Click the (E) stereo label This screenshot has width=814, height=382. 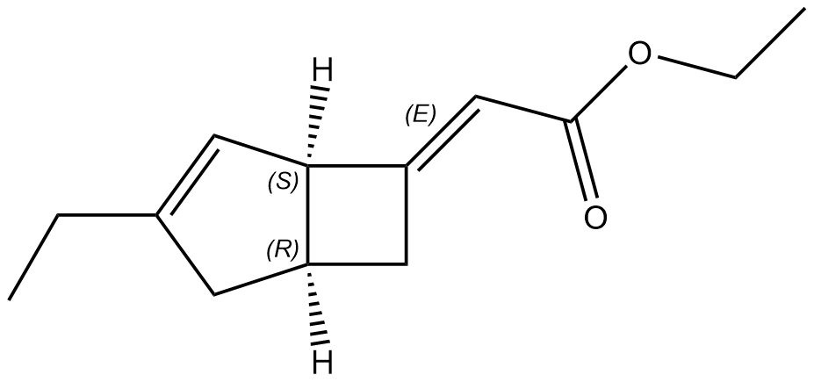[420, 114]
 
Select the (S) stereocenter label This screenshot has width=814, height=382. [283, 182]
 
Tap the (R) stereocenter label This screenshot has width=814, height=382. [283, 250]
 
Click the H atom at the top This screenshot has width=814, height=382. [322, 70]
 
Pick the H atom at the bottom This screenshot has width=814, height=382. [322, 361]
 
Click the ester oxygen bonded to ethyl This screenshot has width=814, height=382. [639, 55]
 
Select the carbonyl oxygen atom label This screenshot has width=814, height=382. [595, 216]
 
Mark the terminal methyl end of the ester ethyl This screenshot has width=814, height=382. [803, 10]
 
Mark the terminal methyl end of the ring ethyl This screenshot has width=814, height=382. [10, 299]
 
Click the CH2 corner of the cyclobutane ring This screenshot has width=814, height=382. [406, 263]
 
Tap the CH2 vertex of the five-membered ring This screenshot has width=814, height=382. [214, 292]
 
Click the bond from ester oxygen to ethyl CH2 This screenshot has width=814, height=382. [695, 68]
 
